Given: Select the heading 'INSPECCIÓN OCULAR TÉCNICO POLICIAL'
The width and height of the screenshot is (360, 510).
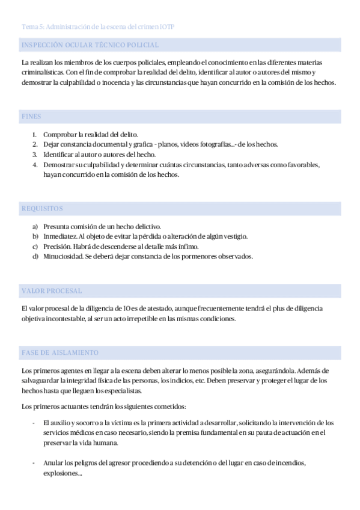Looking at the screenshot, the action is pyautogui.click(x=90, y=45).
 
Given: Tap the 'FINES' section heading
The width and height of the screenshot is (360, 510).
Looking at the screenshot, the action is pyautogui.click(x=31, y=117).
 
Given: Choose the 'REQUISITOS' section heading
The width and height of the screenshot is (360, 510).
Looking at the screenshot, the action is pyautogui.click(x=42, y=209).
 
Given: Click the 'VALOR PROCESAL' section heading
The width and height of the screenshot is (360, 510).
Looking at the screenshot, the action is pyautogui.click(x=51, y=291).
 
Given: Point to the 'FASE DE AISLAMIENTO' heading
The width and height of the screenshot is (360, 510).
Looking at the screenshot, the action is pyautogui.click(x=59, y=352).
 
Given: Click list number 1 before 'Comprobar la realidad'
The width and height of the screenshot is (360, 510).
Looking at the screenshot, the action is pyautogui.click(x=34, y=135).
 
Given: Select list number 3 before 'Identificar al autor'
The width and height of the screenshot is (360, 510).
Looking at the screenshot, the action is pyautogui.click(x=34, y=155).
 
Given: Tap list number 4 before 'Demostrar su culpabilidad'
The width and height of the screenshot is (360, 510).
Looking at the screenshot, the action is pyautogui.click(x=34, y=165).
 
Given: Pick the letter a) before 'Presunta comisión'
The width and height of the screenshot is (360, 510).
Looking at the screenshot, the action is pyautogui.click(x=35, y=226).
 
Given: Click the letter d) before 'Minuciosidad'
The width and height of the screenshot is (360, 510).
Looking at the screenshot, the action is pyautogui.click(x=35, y=257).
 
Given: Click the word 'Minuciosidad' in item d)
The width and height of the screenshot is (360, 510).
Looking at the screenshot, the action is pyautogui.click(x=63, y=257).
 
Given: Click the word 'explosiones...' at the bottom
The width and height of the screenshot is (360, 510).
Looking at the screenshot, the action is pyautogui.click(x=63, y=473).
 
